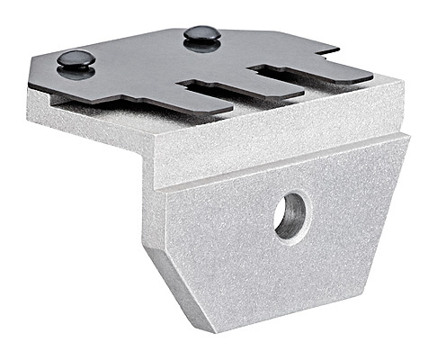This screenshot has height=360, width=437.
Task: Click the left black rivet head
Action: coord(76,59)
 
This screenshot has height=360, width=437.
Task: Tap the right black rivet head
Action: coord(201,35)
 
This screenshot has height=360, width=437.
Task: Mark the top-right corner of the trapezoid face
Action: coord(410,137)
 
